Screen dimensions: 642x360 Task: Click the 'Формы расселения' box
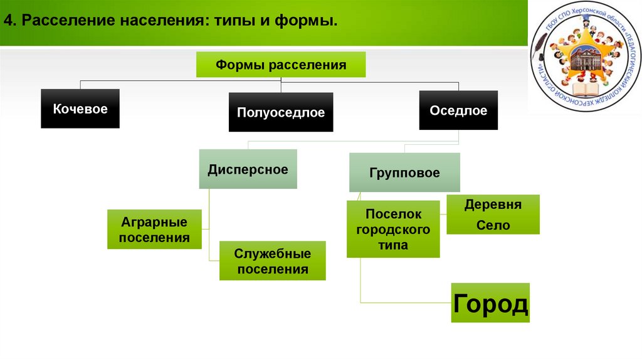click(281, 65)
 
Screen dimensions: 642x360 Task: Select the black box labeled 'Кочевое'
click(80, 109)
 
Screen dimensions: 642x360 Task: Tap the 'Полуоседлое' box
click(280, 113)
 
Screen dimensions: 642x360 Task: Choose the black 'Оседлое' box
click(458, 110)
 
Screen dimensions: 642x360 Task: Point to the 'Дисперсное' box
click(248, 169)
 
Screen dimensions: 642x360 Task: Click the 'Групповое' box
click(404, 172)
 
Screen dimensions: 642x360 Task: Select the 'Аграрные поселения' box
click(154, 230)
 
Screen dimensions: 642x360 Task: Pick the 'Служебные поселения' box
click(272, 261)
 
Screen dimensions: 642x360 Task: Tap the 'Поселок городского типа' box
click(393, 229)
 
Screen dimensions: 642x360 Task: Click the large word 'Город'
click(490, 304)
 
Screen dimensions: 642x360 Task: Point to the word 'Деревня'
click(493, 205)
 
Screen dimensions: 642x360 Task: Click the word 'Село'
click(493, 225)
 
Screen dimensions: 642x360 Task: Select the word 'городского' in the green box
click(393, 230)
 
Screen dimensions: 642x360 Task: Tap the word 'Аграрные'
click(154, 222)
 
